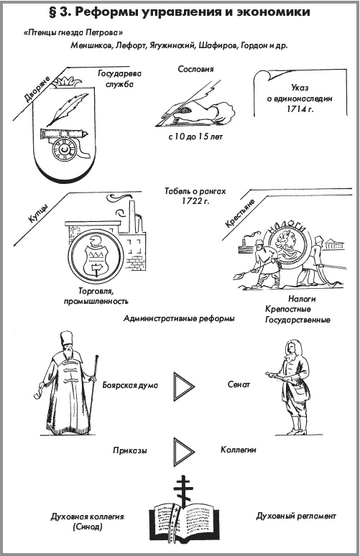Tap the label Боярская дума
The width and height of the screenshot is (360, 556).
point(130,385)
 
